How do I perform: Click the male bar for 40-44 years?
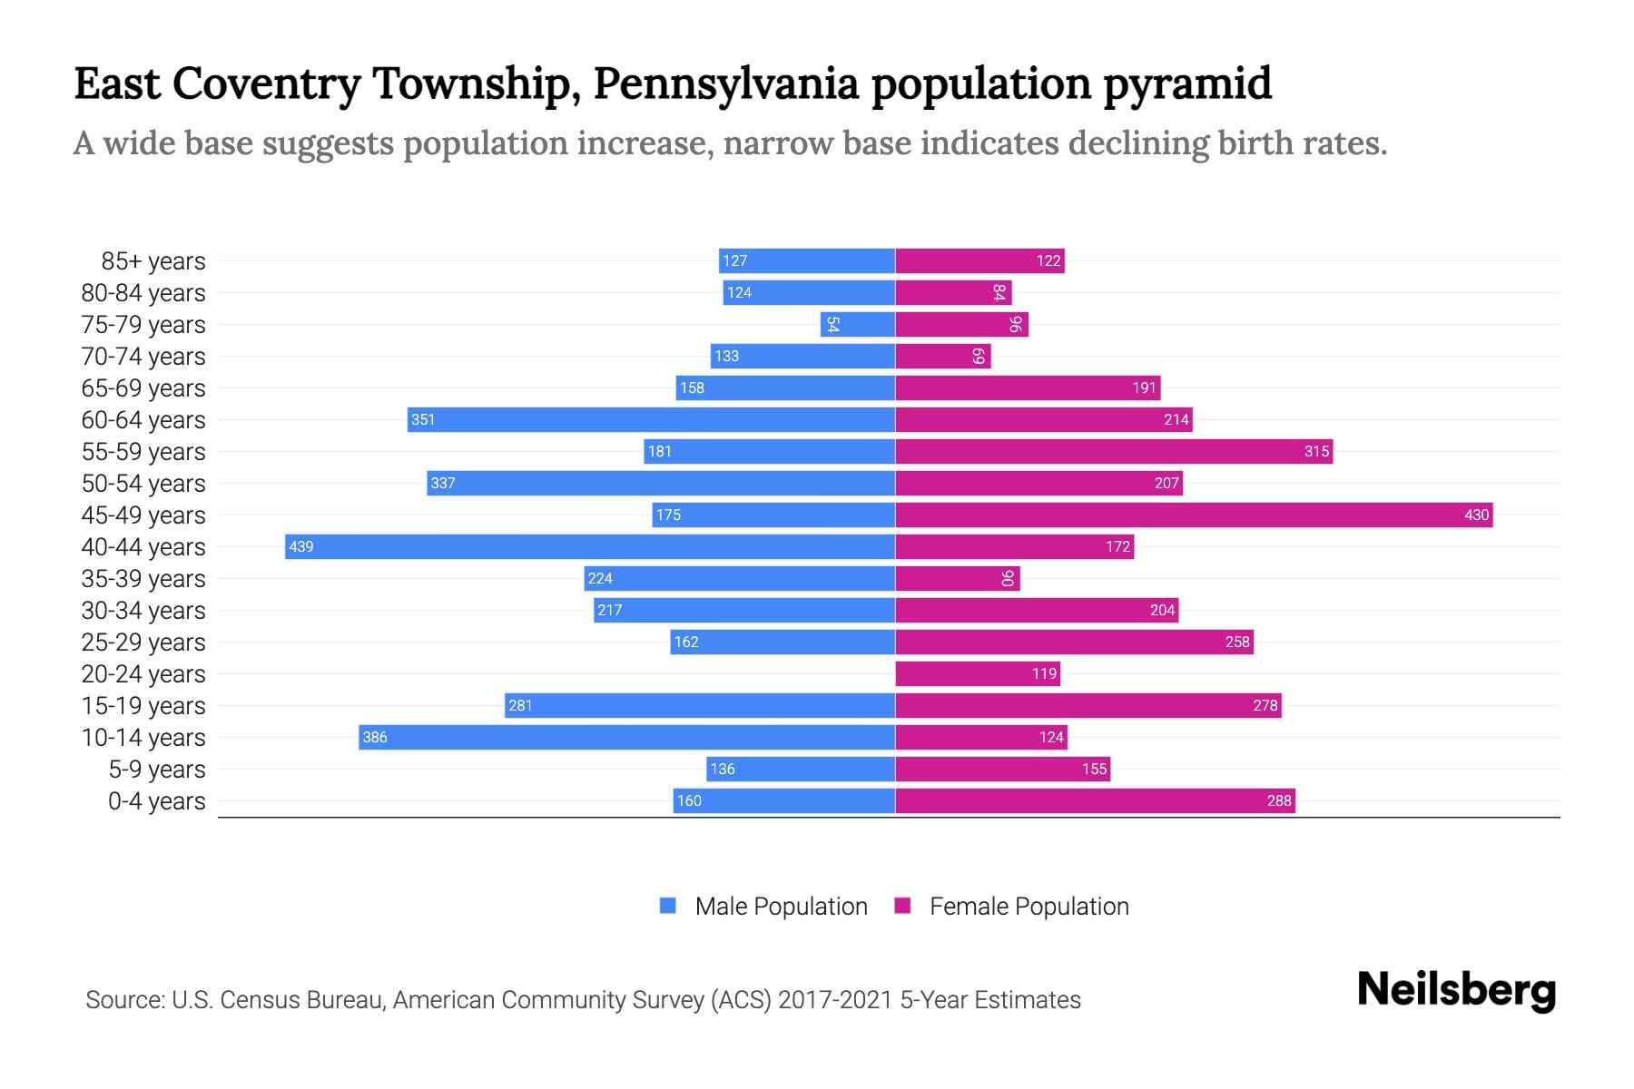click(590, 546)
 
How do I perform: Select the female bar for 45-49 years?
click(1194, 515)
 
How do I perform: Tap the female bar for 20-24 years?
click(978, 673)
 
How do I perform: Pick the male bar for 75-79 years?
click(858, 324)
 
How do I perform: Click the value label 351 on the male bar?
click(423, 419)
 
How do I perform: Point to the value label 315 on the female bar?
click(1316, 451)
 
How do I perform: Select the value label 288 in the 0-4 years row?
click(1279, 800)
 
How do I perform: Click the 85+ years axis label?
click(153, 261)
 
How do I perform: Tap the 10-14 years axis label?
click(143, 738)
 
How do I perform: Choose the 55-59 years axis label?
click(143, 452)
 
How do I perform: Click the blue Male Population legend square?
click(668, 906)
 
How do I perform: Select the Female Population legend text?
click(1029, 906)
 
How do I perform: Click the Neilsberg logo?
click(1456, 990)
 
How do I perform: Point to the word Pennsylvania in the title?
click(725, 83)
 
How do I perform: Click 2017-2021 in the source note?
click(835, 1000)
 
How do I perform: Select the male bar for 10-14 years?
click(626, 737)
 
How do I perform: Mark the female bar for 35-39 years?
click(958, 578)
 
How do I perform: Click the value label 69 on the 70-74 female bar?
click(978, 356)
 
